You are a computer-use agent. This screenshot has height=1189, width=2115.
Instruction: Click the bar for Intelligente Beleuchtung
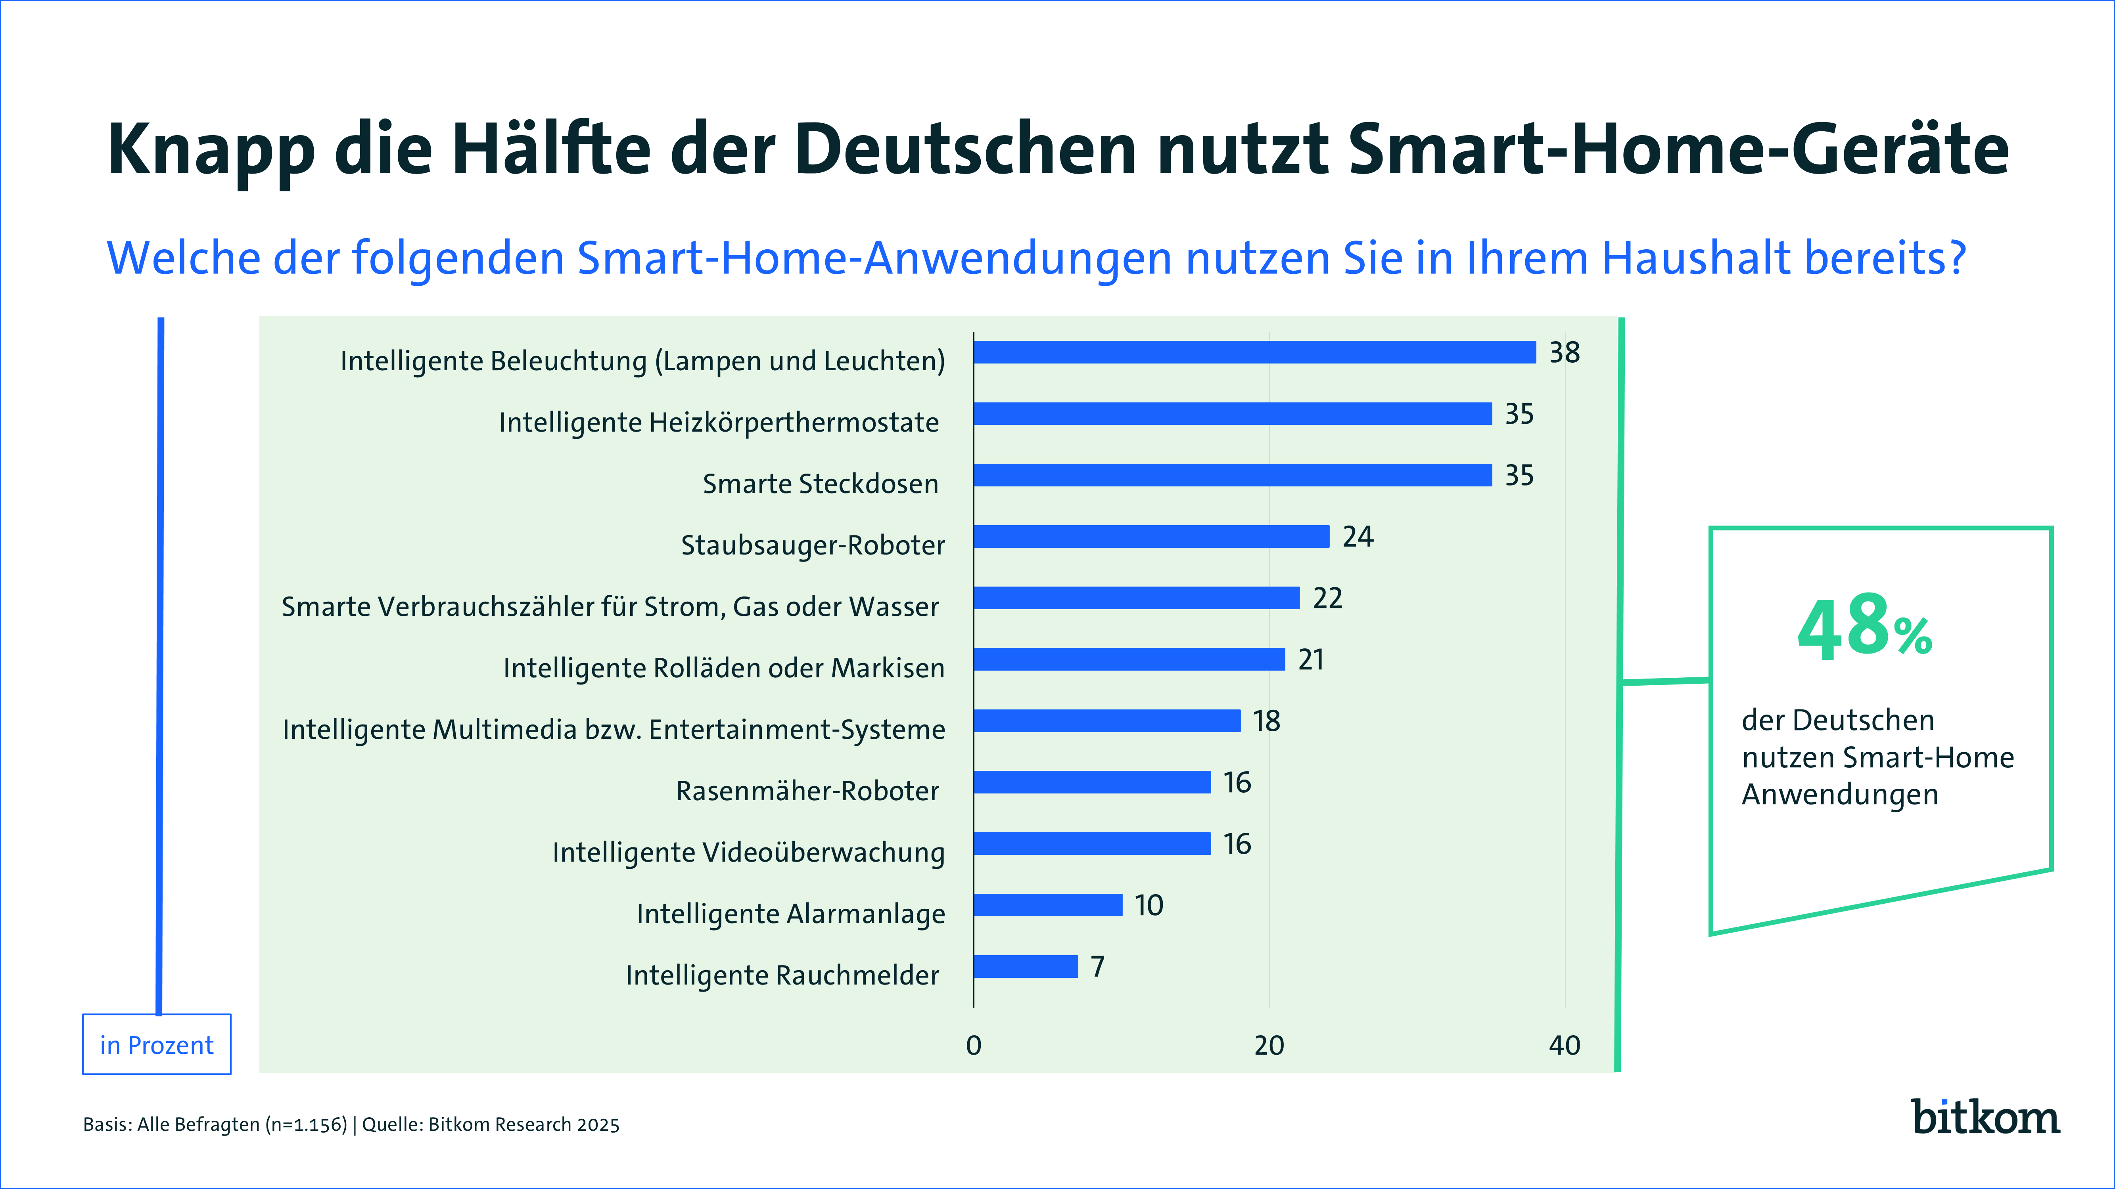coord(1254,352)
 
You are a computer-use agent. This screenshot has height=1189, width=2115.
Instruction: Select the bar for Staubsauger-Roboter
coord(1151,537)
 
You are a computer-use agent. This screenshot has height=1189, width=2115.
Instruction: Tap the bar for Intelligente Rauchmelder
coord(1026,967)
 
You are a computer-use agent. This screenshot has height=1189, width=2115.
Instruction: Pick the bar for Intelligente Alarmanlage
coord(1048,905)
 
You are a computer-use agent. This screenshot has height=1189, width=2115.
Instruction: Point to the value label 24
coord(1357,537)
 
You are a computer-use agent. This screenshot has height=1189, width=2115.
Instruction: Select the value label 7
coord(1098,967)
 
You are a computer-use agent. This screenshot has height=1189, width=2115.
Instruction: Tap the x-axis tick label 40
coord(1564,1046)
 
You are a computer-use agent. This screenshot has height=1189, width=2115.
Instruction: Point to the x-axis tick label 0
coord(974,1046)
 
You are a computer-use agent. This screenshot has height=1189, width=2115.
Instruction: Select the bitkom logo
coord(1985,1118)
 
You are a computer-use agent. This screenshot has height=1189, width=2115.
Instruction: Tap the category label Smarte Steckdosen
coord(820,484)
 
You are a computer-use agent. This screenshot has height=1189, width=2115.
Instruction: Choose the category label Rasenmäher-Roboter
coord(807,791)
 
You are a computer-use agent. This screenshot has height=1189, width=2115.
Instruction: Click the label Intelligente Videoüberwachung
coord(748,853)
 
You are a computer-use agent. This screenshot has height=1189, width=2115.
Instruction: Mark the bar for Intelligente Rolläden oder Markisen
coord(1129,659)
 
